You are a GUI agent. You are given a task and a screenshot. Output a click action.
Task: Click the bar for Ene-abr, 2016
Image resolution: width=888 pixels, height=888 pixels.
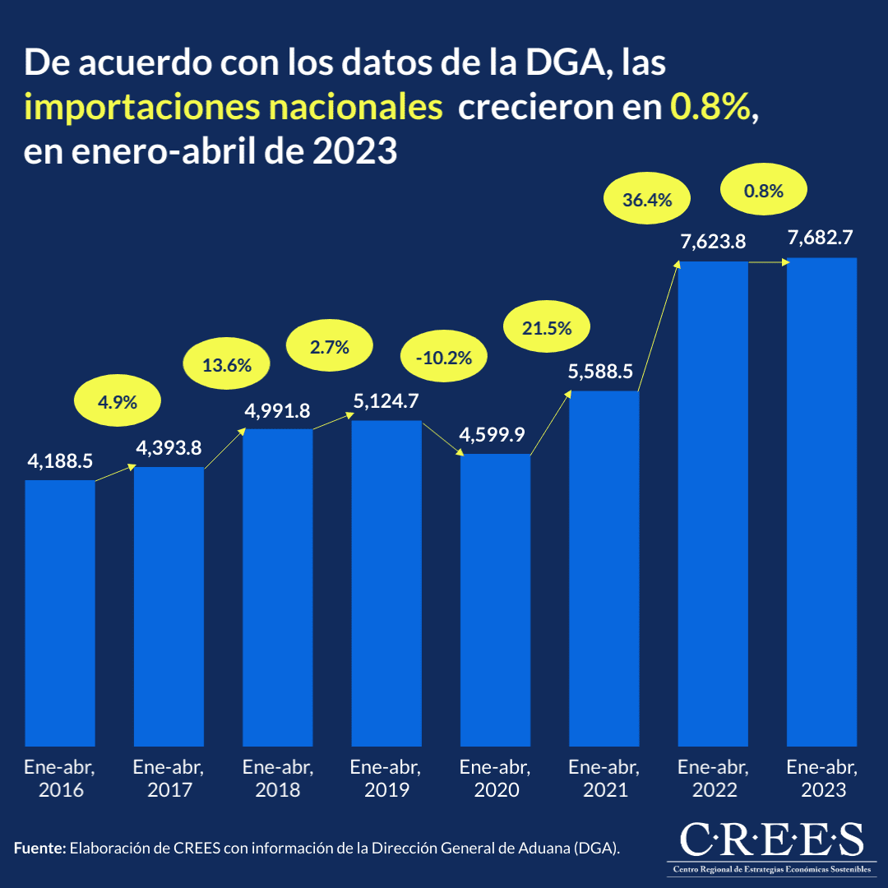pyautogui.click(x=60, y=613)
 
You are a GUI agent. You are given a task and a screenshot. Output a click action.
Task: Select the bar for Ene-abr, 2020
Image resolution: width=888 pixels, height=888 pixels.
pyautogui.click(x=495, y=600)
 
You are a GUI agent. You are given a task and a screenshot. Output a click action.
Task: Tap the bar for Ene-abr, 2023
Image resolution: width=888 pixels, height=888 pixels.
pyautogui.click(x=821, y=502)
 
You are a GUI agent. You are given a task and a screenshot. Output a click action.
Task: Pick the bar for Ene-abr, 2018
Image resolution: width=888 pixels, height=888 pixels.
pyautogui.click(x=278, y=587)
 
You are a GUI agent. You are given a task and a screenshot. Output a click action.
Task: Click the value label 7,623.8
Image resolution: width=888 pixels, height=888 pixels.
pyautogui.click(x=713, y=242)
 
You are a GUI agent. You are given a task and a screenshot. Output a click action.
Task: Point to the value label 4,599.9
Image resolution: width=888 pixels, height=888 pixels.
pyautogui.click(x=495, y=435)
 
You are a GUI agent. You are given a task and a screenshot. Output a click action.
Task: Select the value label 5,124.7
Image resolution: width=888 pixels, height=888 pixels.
pyautogui.click(x=386, y=402)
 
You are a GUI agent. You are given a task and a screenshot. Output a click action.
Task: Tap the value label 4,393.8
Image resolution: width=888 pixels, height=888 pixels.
pyautogui.click(x=169, y=448)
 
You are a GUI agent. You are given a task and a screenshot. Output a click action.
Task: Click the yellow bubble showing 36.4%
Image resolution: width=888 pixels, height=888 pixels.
pyautogui.click(x=647, y=199)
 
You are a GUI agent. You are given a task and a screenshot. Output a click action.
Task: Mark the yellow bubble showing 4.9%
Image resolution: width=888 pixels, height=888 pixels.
pyautogui.click(x=117, y=402)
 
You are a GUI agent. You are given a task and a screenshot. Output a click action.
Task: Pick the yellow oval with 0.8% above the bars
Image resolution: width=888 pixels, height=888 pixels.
pyautogui.click(x=763, y=191)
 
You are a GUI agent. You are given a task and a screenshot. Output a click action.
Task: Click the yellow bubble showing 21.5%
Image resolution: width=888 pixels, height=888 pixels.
pyautogui.click(x=547, y=328)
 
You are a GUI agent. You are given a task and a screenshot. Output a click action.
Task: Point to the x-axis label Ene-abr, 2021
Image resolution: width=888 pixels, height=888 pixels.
pyautogui.click(x=604, y=779)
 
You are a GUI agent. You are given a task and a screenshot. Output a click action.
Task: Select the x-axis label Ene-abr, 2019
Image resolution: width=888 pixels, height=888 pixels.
pyautogui.click(x=386, y=779)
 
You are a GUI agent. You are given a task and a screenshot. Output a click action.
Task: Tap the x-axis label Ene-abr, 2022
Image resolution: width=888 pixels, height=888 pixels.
pyautogui.click(x=713, y=779)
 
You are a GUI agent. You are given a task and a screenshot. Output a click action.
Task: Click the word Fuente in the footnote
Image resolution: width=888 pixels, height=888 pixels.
pyautogui.click(x=39, y=847)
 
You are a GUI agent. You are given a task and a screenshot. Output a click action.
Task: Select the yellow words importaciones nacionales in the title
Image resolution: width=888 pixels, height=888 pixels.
pyautogui.click(x=234, y=108)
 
